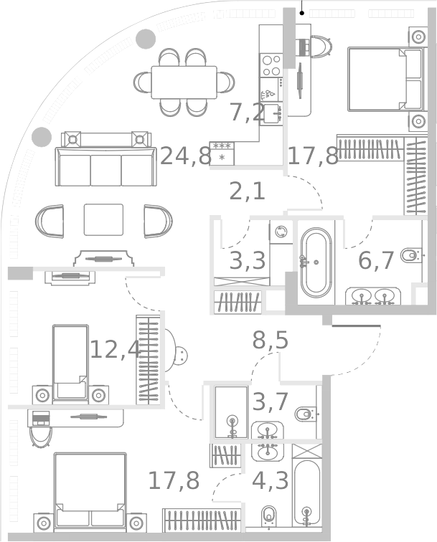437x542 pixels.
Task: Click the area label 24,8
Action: tap(185, 156)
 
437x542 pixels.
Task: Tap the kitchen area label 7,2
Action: tap(247, 113)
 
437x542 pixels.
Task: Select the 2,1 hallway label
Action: tap(247, 191)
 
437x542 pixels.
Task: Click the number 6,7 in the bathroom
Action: tap(376, 261)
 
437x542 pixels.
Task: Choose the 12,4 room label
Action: tap(114, 349)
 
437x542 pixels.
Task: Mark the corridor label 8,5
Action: tap(270, 341)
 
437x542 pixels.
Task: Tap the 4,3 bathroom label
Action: tap(270, 480)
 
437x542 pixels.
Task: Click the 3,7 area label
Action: tap(270, 403)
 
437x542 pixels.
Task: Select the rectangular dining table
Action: tap(184, 82)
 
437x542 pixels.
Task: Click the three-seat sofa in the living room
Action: tap(105, 166)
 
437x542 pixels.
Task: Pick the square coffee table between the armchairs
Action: tap(103, 219)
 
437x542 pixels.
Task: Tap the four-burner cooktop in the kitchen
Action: tap(271, 65)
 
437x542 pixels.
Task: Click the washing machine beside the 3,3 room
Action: tap(281, 232)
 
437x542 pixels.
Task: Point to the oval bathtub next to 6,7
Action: tap(316, 262)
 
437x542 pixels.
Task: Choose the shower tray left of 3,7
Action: tap(230, 412)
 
